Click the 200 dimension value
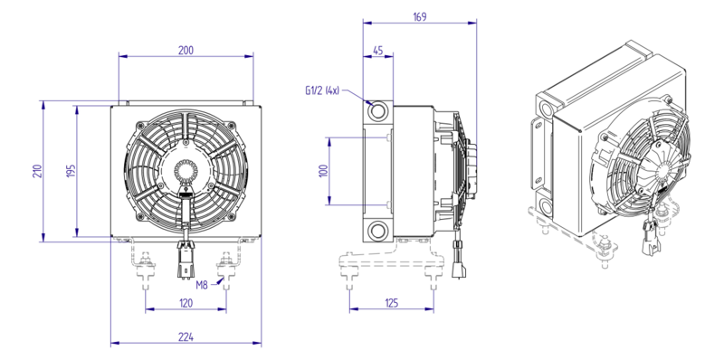186,51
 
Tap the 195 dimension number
71,171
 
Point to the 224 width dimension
186,336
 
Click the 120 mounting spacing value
186,303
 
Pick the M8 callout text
202,285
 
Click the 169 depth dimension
419,16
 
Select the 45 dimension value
377,51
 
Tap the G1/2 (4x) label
322,91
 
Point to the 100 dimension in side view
323,171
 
